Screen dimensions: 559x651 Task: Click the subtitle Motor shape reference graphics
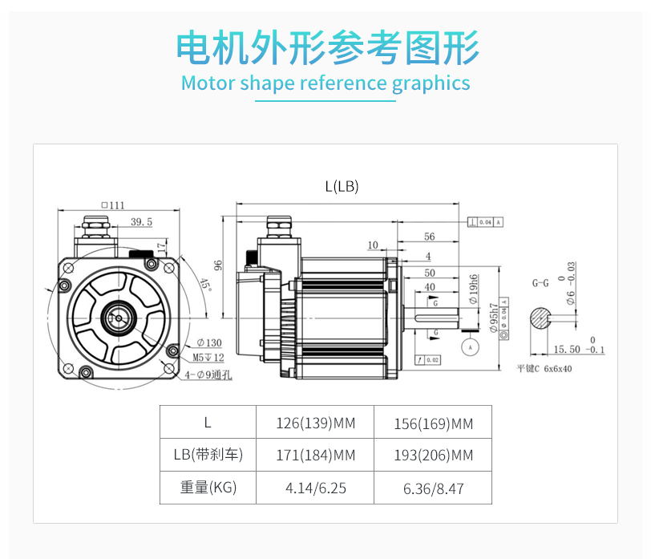click(x=325, y=83)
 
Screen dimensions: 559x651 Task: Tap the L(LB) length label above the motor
click(x=342, y=186)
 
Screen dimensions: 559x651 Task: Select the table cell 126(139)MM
click(x=314, y=423)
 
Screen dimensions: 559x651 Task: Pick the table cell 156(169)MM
click(x=433, y=423)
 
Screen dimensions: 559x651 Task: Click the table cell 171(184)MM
click(x=314, y=456)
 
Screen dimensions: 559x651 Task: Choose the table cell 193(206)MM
click(x=433, y=456)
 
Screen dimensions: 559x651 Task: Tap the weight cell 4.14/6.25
click(x=316, y=488)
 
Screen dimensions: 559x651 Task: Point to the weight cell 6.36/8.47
click(x=433, y=488)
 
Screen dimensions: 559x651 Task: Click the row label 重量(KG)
click(x=208, y=487)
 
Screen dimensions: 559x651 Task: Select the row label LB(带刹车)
click(x=208, y=456)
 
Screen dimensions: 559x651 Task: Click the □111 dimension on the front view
click(x=113, y=205)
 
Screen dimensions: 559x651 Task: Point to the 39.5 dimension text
click(x=141, y=222)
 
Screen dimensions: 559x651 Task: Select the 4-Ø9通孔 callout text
click(x=210, y=375)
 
